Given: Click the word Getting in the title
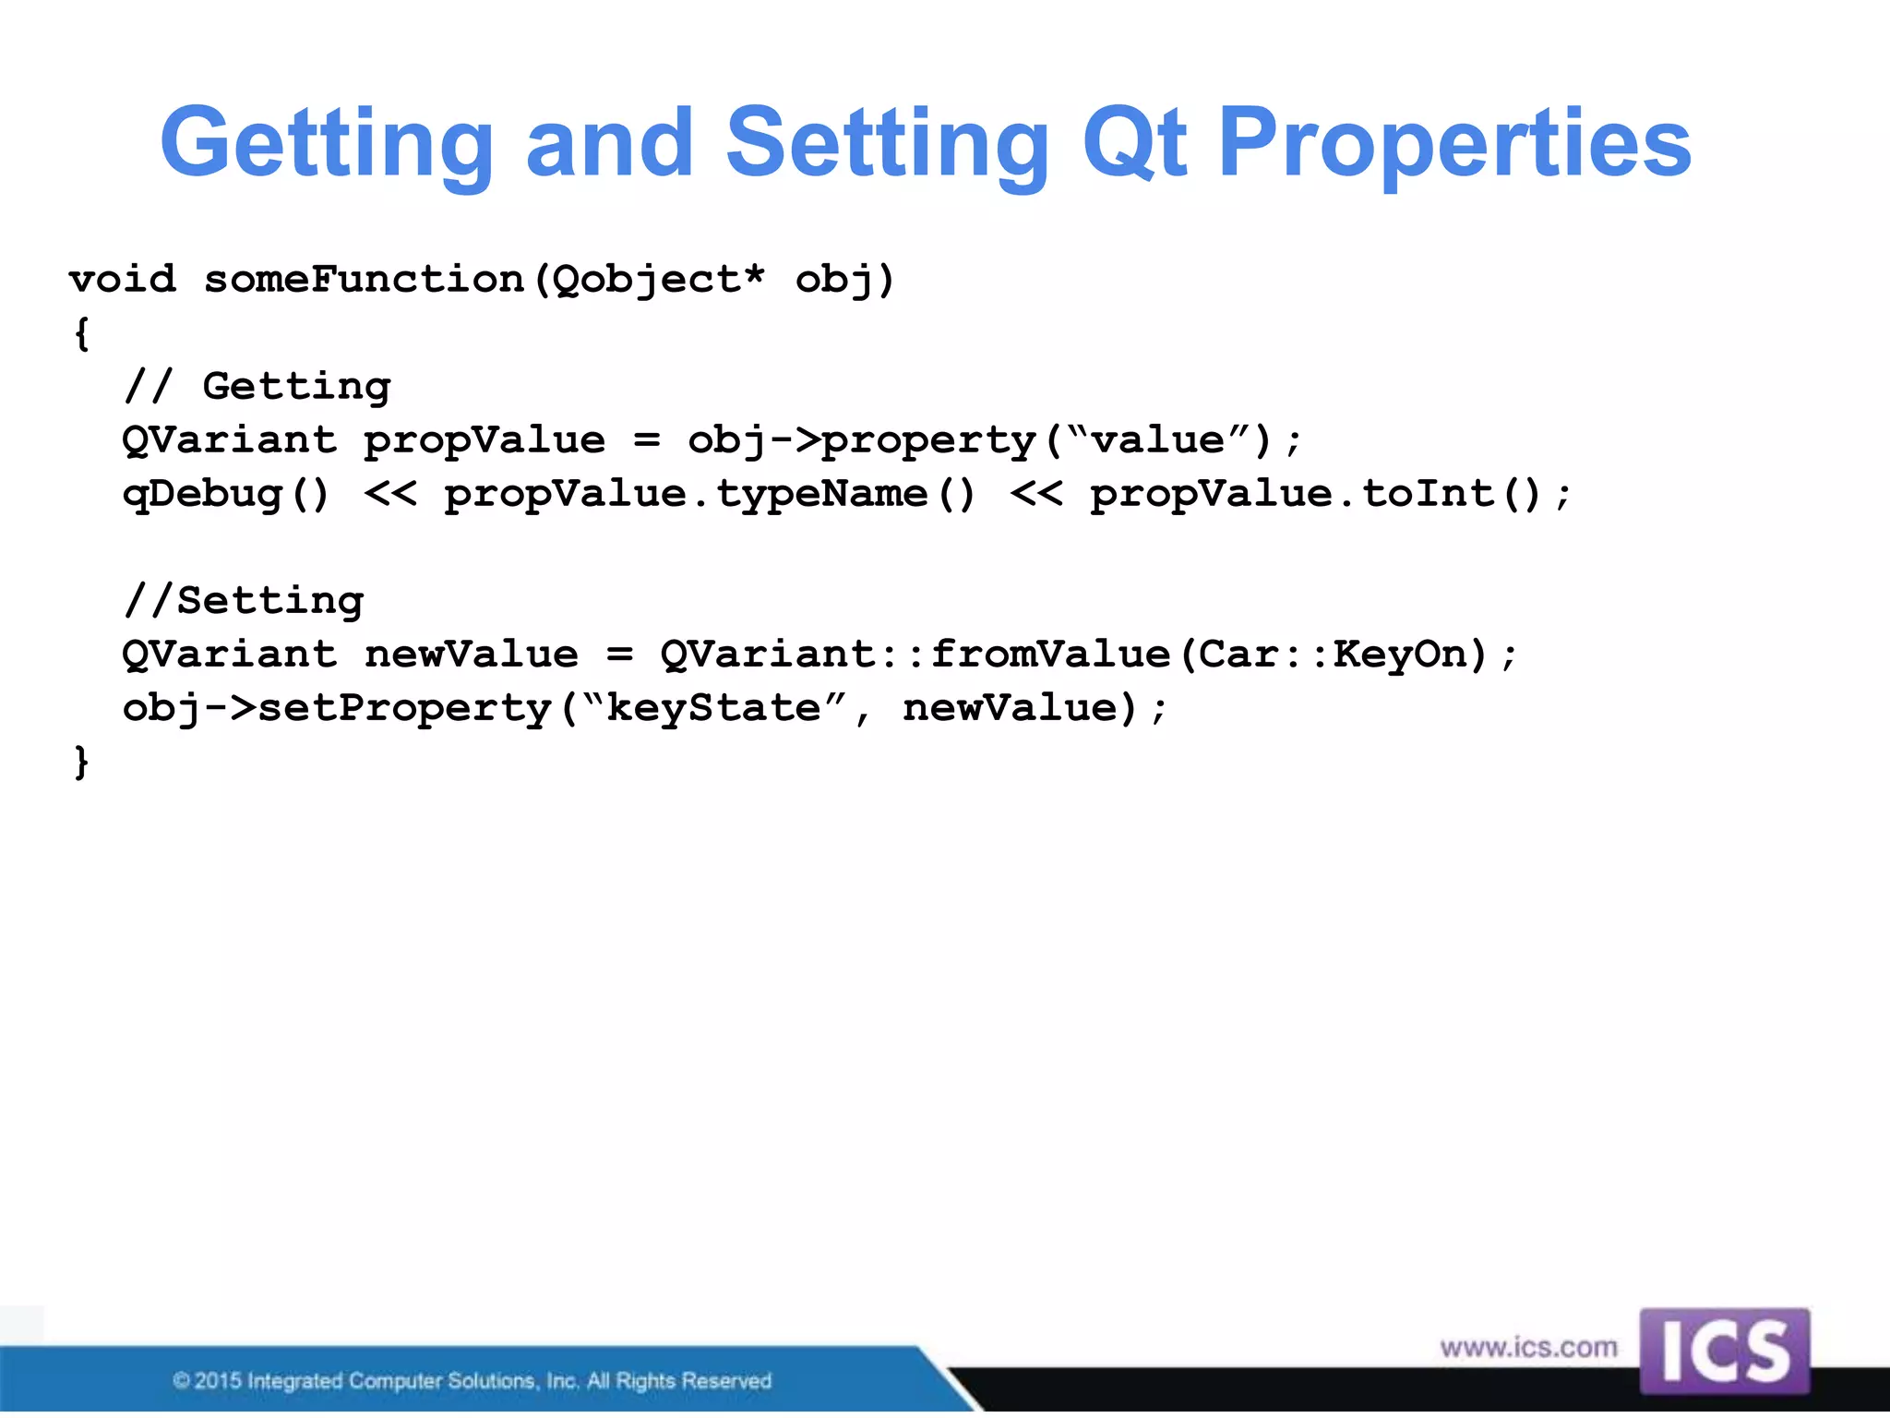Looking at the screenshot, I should click(x=327, y=143).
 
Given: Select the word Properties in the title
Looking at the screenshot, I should click(x=1454, y=143).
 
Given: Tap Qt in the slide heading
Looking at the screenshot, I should click(x=1134, y=143).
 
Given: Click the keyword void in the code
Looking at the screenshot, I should click(x=122, y=279).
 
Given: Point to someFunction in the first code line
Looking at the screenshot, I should click(x=364, y=279).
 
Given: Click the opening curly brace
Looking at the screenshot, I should click(x=81, y=333).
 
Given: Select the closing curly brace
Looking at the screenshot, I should click(x=81, y=763).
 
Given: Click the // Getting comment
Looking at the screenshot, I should click(x=257, y=386).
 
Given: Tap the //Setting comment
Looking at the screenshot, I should click(x=244, y=601).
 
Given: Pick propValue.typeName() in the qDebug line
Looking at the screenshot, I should click(x=709, y=494).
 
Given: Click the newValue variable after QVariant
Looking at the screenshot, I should click(x=472, y=655).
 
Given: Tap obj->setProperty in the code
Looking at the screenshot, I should click(x=337, y=708).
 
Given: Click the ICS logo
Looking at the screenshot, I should click(x=1724, y=1352).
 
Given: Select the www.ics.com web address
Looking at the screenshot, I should click(x=1528, y=1348).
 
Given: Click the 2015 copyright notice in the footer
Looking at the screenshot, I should click(x=472, y=1381).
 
